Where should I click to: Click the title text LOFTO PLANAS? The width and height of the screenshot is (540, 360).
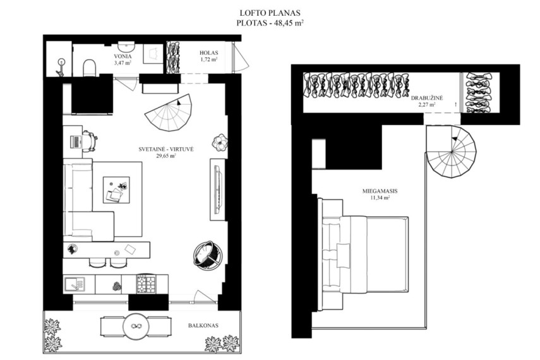[x=270, y=13]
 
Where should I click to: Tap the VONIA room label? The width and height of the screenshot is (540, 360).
[x=123, y=56]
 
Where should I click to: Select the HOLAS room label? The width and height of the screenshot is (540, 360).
[x=208, y=53]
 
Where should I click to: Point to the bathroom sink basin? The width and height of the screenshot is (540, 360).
[x=127, y=47]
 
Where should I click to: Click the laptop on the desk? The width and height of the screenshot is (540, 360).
[x=76, y=142]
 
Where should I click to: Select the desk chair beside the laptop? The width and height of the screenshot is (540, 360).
[x=89, y=141]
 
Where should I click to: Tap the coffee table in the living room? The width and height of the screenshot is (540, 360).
[x=116, y=190]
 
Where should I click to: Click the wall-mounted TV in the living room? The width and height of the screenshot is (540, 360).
[x=219, y=190]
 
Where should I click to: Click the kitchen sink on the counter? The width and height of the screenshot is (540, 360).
[x=75, y=284]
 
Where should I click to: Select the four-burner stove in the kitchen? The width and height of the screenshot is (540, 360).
[x=146, y=284]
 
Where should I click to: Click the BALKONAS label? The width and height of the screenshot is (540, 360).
[x=203, y=325]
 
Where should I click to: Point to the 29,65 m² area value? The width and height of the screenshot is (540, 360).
[x=166, y=156]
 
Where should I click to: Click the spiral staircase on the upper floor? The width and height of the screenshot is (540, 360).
[x=451, y=152]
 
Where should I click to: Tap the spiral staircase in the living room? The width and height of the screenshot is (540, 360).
[x=168, y=112]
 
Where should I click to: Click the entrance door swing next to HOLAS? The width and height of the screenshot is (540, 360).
[x=240, y=57]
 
